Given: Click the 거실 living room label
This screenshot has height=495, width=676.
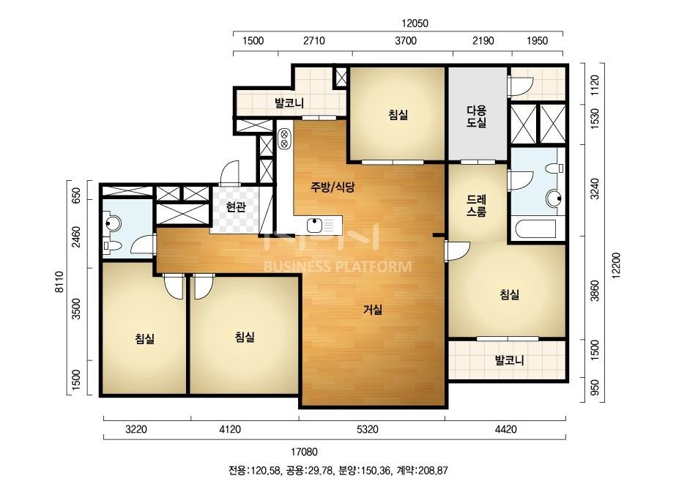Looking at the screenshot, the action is point(373,309).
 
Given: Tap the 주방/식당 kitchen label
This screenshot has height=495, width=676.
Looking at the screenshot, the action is point(333,187).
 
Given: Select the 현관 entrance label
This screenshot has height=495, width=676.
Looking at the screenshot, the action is point(236,207).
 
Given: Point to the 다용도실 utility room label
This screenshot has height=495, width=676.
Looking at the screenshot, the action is point(476,116).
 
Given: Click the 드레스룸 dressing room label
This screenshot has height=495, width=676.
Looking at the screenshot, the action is point(476,206).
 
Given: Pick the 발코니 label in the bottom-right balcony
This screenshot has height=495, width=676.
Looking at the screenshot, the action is point(509,360).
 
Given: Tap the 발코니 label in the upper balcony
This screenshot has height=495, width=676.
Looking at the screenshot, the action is point(289,103).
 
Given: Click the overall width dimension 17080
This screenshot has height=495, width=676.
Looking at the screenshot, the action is point(304,452).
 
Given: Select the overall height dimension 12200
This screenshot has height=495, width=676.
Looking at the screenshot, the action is point(616,266).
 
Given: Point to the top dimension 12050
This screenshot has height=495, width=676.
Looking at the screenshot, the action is point(415,23).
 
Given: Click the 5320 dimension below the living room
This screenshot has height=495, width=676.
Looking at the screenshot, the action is point(368,429).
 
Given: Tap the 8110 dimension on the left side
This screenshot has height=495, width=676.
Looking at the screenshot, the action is point(59,282).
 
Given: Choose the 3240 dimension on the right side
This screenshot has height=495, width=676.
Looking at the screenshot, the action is point(595,189).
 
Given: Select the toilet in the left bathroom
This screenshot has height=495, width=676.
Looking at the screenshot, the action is point(112,247).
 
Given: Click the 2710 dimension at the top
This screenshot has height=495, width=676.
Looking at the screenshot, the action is point(314,41).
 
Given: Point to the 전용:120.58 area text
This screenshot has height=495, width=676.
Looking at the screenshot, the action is point(254,470).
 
